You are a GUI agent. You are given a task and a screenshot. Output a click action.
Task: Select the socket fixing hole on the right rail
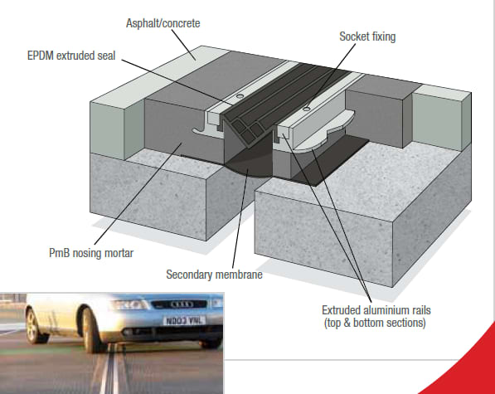click(x=308, y=106)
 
